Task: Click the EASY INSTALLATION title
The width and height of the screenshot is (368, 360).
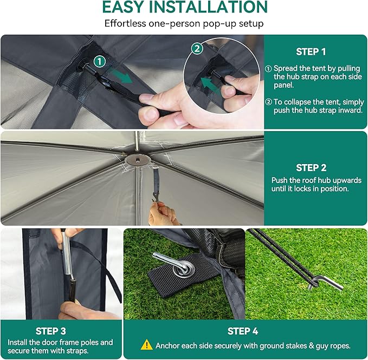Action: (184, 8)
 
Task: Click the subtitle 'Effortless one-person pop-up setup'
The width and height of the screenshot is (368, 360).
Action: (184, 24)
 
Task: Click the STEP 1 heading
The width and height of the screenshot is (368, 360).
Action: (311, 52)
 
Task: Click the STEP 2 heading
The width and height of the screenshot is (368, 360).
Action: (311, 168)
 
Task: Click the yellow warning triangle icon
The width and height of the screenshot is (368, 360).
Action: (146, 345)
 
